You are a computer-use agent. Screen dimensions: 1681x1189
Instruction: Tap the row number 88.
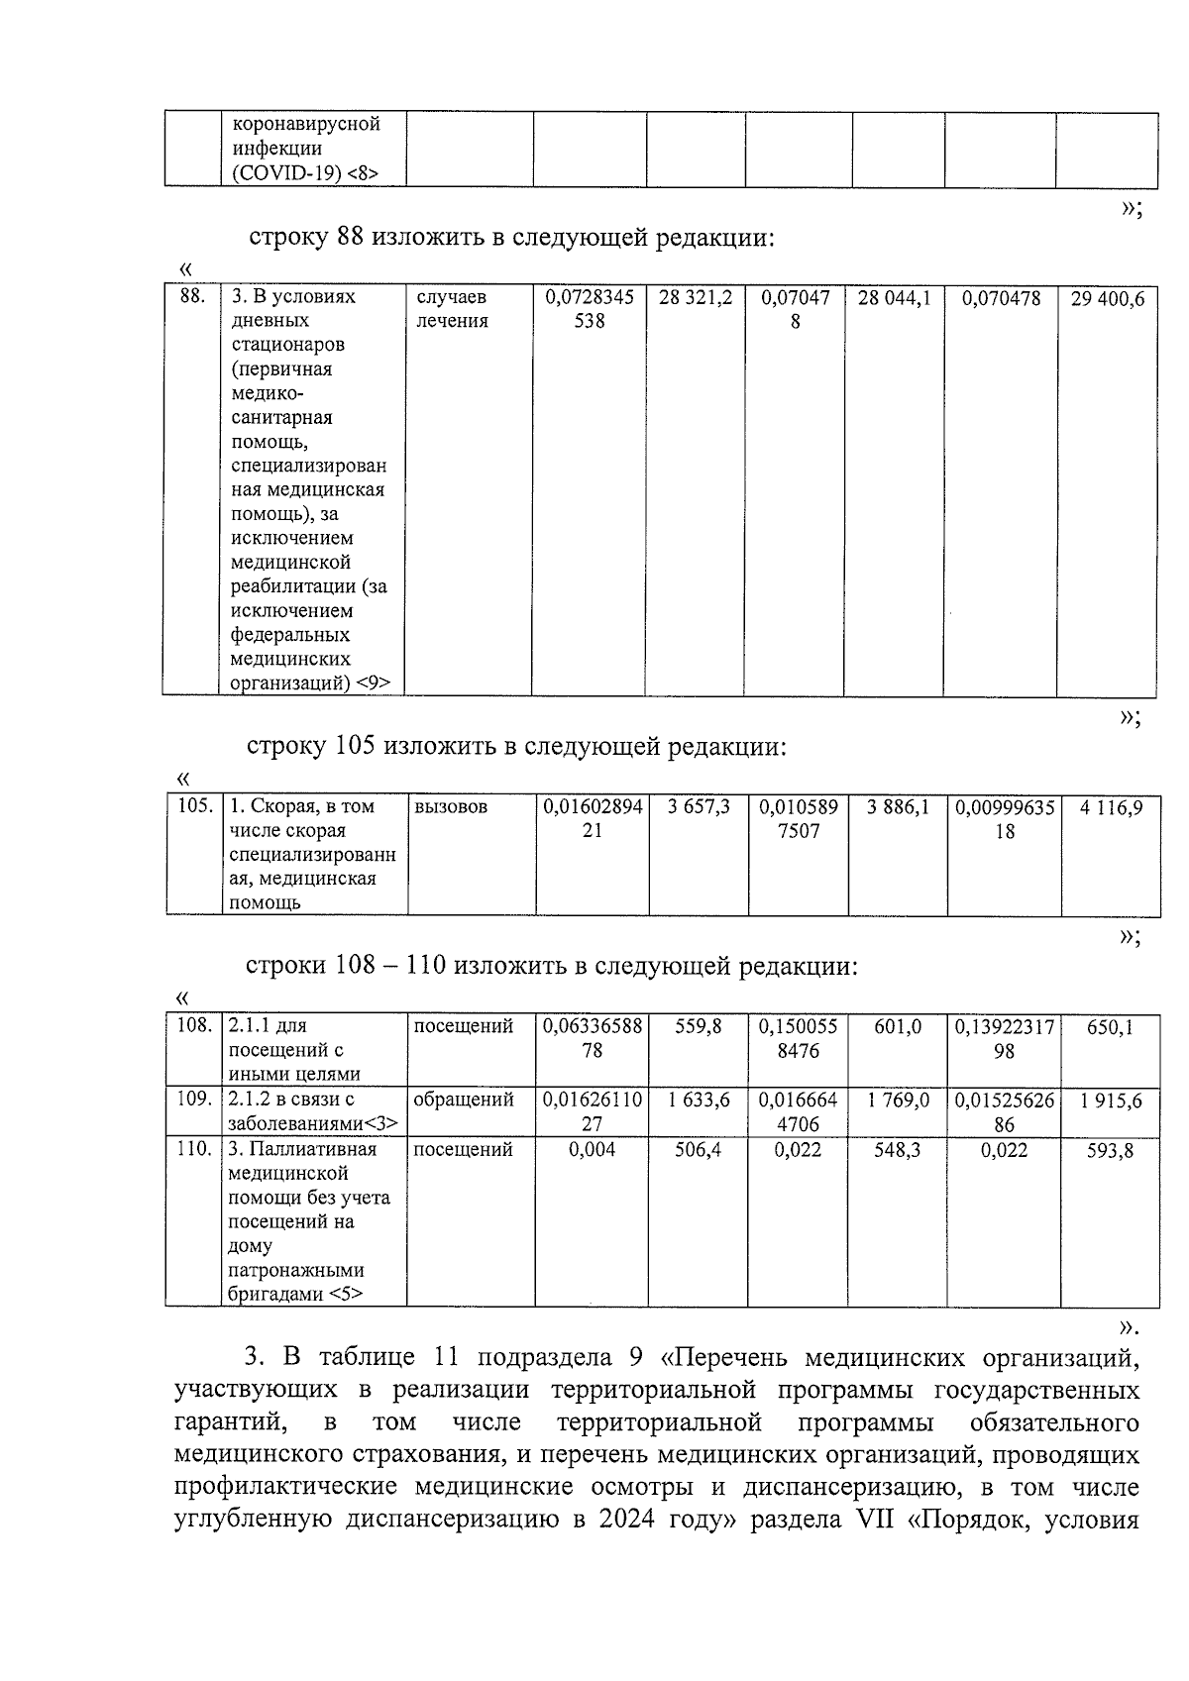(192, 296)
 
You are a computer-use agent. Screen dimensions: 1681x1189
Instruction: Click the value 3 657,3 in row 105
(699, 807)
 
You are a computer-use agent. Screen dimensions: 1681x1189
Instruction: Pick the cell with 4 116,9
(1111, 808)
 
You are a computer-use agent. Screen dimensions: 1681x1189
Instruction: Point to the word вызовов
(451, 807)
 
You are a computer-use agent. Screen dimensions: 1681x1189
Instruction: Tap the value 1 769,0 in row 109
(897, 1101)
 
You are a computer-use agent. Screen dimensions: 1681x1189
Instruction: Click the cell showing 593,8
(1110, 1151)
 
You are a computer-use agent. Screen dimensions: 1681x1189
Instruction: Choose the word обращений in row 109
(463, 1100)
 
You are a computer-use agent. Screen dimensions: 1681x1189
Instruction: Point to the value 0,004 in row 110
(592, 1150)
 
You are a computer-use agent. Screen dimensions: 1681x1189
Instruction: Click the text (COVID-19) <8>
(304, 173)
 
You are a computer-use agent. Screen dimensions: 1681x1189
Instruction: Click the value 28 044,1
(894, 298)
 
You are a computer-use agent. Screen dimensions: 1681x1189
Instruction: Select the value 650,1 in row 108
(1110, 1028)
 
